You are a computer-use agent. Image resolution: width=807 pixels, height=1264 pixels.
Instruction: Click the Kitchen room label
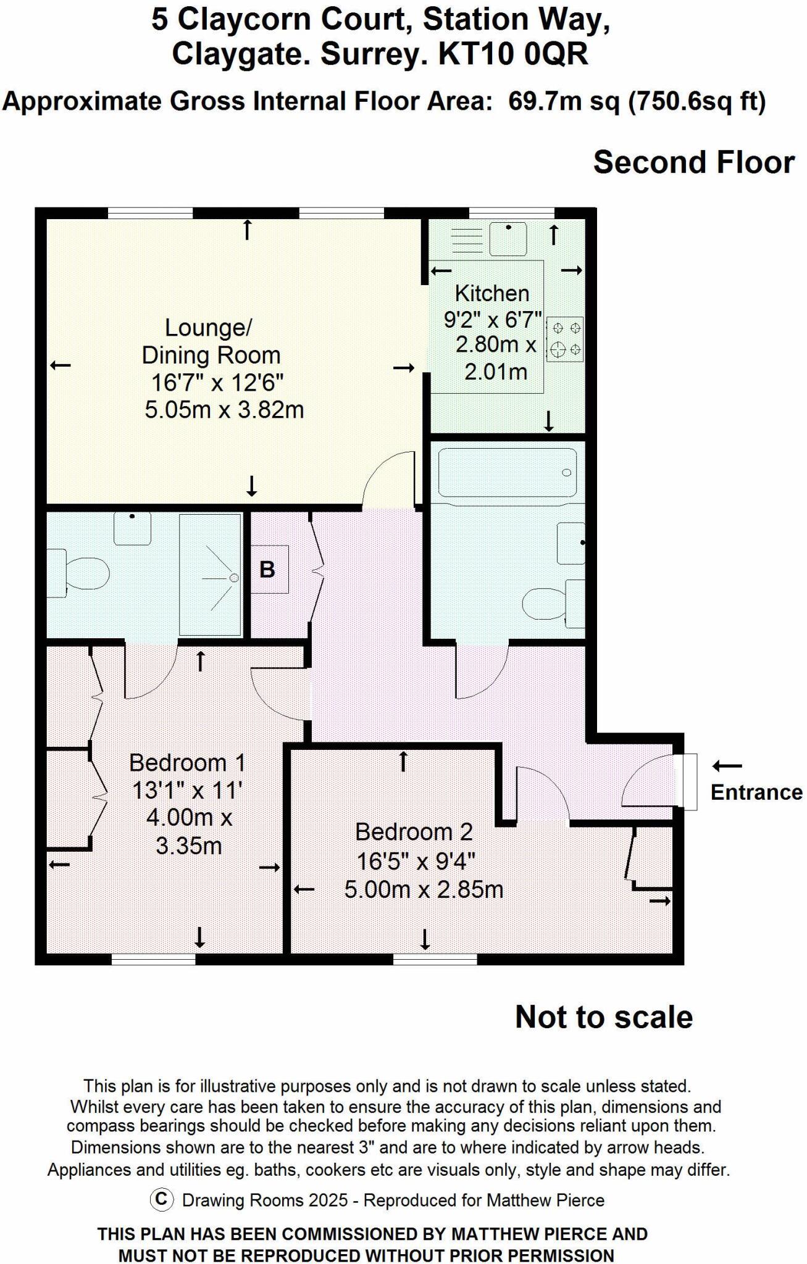[x=492, y=293]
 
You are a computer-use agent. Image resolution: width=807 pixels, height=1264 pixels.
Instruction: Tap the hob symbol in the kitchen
[x=564, y=339]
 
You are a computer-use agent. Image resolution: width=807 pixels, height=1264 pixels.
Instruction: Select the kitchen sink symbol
[x=508, y=239]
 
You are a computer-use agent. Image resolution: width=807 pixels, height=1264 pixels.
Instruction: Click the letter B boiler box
[x=268, y=569]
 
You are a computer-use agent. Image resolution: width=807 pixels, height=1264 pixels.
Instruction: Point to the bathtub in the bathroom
[x=507, y=473]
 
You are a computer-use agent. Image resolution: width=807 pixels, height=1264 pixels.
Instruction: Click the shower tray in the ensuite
[x=210, y=575]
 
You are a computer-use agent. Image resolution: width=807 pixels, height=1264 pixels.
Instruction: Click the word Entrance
[x=756, y=792]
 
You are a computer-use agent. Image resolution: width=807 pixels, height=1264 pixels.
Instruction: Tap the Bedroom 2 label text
[x=414, y=832]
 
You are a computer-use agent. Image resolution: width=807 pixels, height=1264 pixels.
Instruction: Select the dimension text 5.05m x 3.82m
[x=224, y=410]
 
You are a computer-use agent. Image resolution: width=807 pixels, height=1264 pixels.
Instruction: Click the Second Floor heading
[x=693, y=162]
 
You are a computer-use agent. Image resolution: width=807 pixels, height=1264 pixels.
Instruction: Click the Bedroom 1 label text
[x=187, y=763]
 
